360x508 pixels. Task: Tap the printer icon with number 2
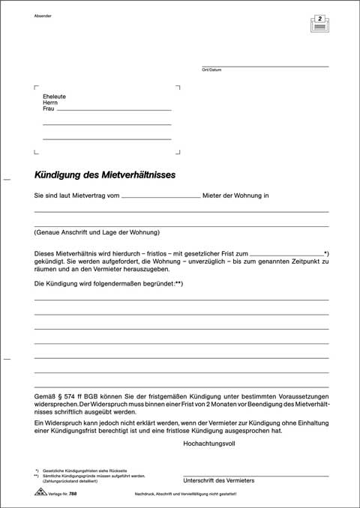click(x=320, y=23)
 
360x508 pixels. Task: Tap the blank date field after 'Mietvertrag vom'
click(x=160, y=196)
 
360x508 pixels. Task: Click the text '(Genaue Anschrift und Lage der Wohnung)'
click(x=98, y=232)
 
